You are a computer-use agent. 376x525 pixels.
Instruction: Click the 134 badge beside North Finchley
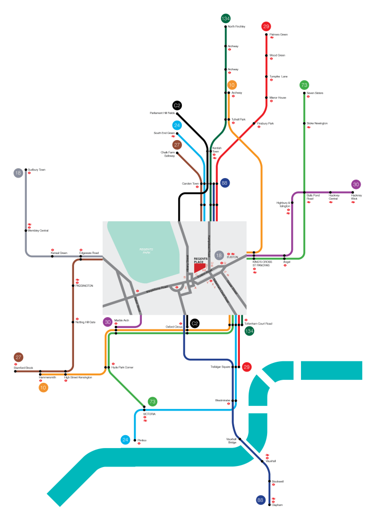[225, 18]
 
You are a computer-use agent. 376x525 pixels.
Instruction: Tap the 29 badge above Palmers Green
[266, 27]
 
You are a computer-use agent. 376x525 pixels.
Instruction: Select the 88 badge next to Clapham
[261, 500]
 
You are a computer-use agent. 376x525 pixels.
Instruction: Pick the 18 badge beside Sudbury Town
[18, 173]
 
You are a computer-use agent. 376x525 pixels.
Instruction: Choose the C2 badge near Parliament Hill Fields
[177, 106]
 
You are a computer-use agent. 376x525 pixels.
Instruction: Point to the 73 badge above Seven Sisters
[304, 85]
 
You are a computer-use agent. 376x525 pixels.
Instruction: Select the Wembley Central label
[39, 230]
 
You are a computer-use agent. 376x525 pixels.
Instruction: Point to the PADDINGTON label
[84, 285]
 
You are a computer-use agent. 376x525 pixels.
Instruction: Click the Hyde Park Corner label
[122, 367]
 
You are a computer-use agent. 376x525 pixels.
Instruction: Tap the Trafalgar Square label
[220, 367]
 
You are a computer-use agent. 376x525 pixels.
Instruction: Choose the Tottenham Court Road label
[258, 324]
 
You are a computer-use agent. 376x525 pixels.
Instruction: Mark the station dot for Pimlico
[135, 440]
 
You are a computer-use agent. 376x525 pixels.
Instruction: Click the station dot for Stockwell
[269, 481]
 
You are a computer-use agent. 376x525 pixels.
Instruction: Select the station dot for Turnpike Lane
[267, 76]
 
